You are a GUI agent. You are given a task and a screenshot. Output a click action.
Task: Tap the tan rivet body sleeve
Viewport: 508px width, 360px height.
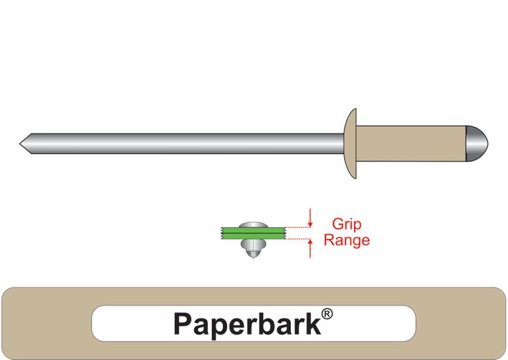[410, 143]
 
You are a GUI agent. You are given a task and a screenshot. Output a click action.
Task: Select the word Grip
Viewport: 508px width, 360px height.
[346, 225]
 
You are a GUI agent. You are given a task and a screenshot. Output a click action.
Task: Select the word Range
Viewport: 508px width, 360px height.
[346, 240]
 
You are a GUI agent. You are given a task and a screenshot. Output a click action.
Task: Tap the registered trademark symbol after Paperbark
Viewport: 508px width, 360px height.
[327, 314]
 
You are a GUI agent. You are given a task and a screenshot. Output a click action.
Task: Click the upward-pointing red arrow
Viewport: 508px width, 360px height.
[311, 248]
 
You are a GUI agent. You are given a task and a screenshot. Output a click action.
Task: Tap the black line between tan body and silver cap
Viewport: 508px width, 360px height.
[464, 143]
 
